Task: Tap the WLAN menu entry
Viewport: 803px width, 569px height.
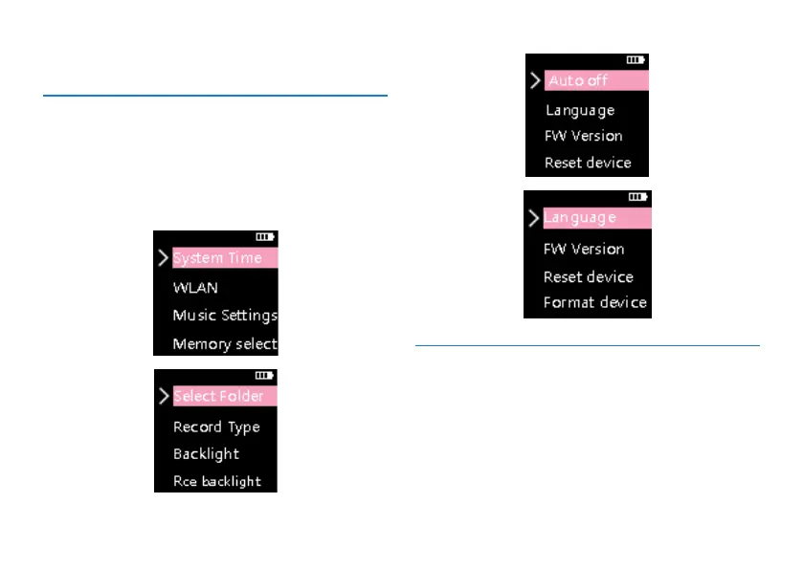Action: [195, 287]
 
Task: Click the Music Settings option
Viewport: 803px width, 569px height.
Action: [225, 315]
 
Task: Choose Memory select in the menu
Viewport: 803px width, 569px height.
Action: [225, 343]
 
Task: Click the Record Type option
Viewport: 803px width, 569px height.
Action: [216, 427]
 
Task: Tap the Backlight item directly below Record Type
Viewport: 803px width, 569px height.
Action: [206, 453]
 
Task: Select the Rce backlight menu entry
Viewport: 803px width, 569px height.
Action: [217, 481]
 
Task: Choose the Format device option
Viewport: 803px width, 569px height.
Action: [595, 303]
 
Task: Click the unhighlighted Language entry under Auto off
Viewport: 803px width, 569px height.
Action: [580, 110]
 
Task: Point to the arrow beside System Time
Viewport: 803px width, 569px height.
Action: [164, 258]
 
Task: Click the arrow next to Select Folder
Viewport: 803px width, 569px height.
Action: [164, 396]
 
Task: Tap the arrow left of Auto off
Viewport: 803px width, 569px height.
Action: [535, 80]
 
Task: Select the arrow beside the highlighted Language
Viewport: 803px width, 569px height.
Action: [533, 218]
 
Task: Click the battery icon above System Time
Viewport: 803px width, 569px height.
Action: [265, 235]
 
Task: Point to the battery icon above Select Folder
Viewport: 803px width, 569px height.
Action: [264, 376]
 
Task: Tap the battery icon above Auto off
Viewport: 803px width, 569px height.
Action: [636, 59]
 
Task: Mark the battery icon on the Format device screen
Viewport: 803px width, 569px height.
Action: [638, 197]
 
